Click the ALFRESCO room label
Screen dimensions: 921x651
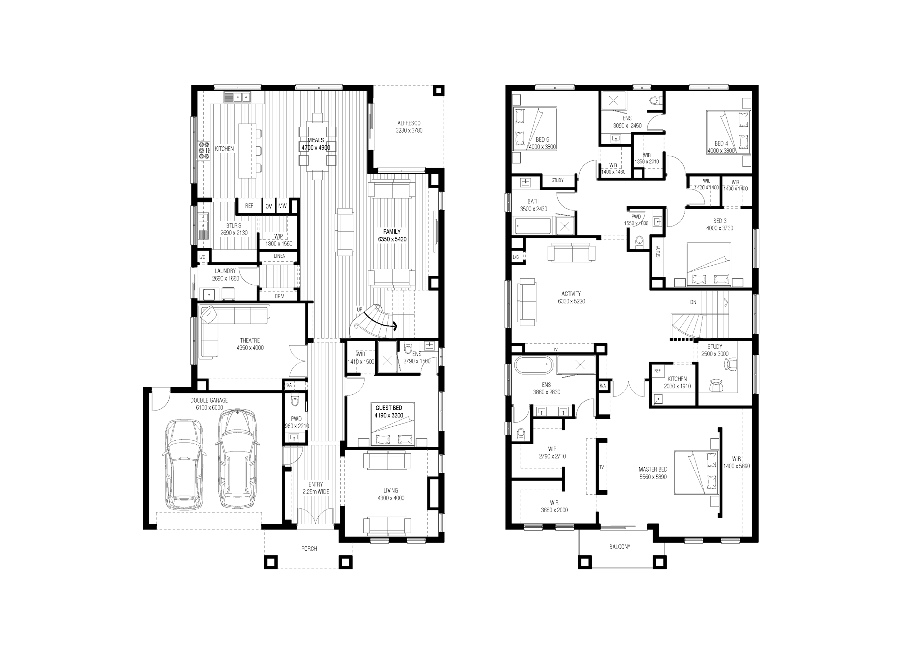click(x=409, y=123)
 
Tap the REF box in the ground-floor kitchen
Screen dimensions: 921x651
click(x=249, y=206)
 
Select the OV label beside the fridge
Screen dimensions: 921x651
click(x=268, y=206)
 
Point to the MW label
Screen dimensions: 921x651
click(x=282, y=206)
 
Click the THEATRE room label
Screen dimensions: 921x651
click(x=250, y=340)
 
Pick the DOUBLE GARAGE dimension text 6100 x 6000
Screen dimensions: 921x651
click(x=209, y=408)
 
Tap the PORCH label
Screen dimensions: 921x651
click(x=309, y=549)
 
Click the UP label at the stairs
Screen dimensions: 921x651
click(x=359, y=310)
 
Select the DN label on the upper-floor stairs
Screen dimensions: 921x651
click(x=693, y=302)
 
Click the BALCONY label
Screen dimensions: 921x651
click(x=620, y=546)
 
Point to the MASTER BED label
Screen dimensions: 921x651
click(x=653, y=469)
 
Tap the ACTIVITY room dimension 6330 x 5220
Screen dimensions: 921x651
click(x=571, y=301)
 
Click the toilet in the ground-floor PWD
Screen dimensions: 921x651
click(x=295, y=401)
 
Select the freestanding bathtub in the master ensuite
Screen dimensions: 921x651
click(x=534, y=365)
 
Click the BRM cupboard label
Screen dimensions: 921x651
click(x=280, y=296)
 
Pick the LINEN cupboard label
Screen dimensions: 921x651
click(x=280, y=256)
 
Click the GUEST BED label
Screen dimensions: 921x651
click(x=389, y=408)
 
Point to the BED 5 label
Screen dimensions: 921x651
click(x=542, y=139)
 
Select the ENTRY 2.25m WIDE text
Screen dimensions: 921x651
click(x=316, y=488)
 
